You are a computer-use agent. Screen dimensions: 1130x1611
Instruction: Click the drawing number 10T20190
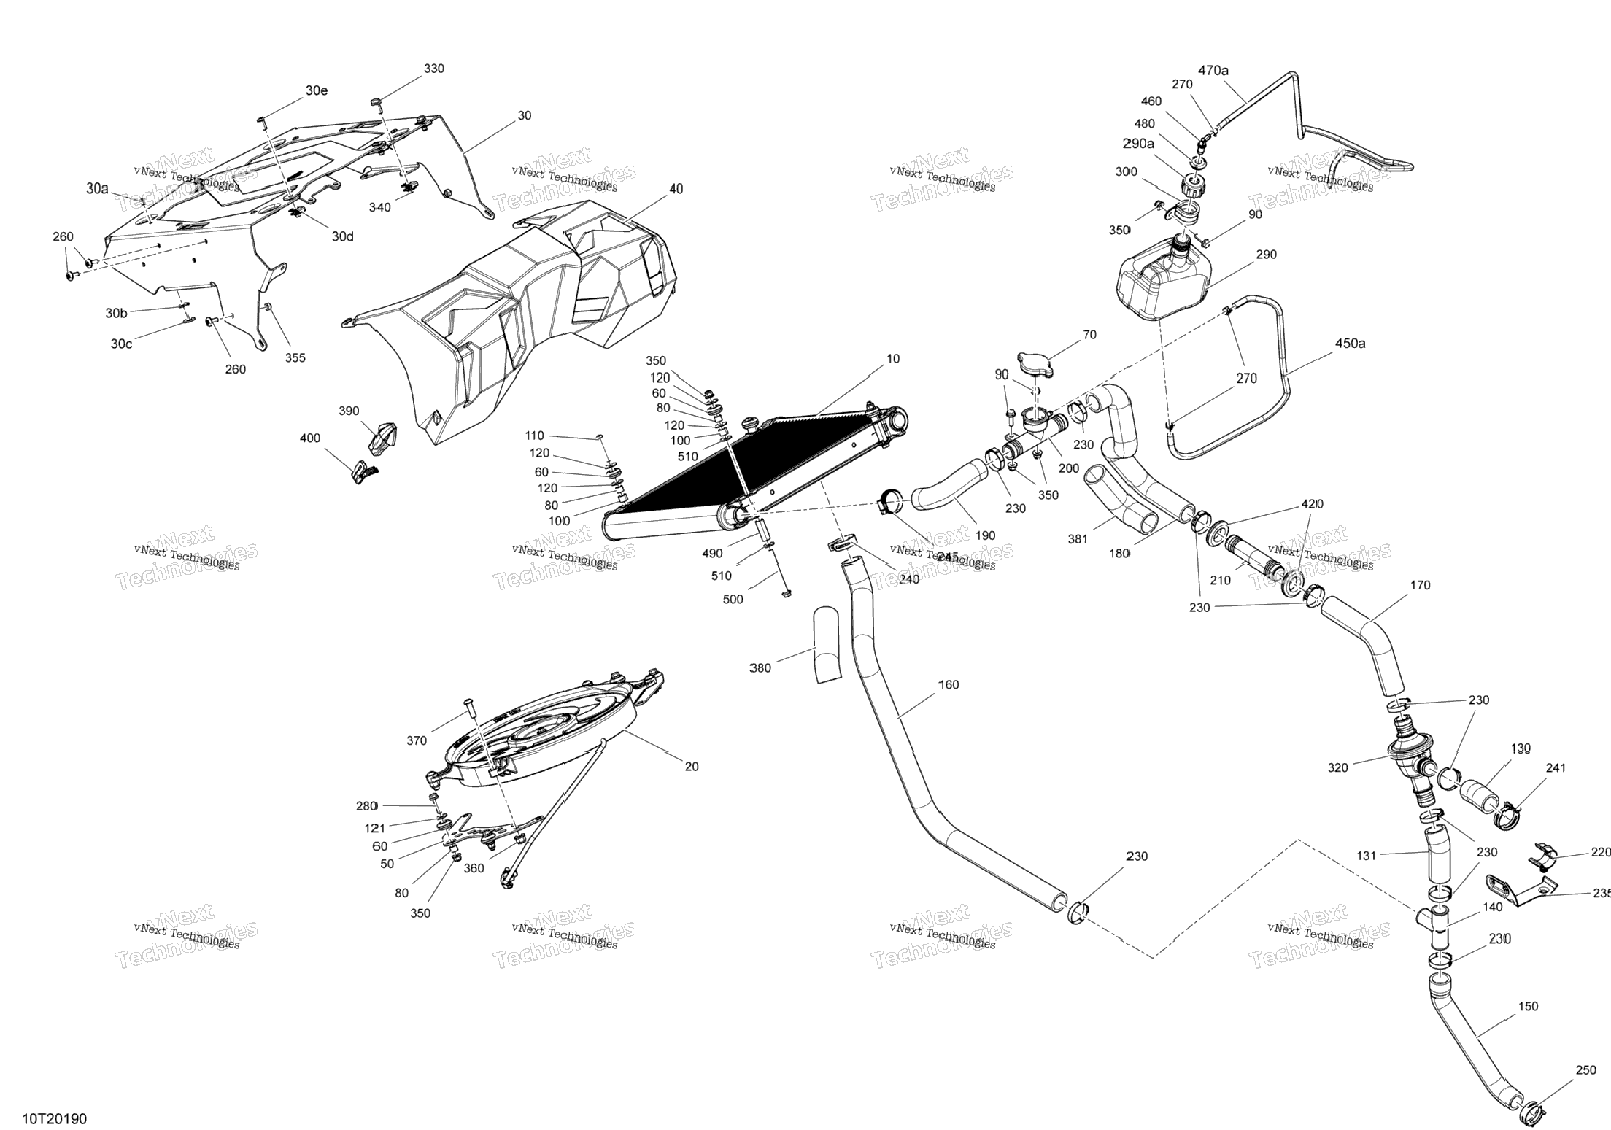point(54,1118)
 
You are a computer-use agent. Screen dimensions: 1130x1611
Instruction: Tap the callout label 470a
point(1213,71)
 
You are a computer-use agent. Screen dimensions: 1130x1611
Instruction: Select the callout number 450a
point(1350,343)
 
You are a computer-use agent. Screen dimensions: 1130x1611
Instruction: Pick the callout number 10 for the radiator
point(893,359)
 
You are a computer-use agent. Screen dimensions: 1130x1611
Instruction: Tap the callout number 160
point(949,684)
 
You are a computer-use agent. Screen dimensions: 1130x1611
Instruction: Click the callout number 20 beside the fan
point(691,766)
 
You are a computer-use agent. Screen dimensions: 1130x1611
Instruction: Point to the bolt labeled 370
point(469,708)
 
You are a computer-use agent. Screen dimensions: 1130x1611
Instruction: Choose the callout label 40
point(676,189)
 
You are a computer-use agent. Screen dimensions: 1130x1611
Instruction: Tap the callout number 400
point(310,438)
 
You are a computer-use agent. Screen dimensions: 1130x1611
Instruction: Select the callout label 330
point(434,69)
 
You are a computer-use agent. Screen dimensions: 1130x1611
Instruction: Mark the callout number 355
point(295,357)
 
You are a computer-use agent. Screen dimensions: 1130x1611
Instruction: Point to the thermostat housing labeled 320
point(1404,759)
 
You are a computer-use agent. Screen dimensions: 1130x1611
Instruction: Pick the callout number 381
point(1078,539)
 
